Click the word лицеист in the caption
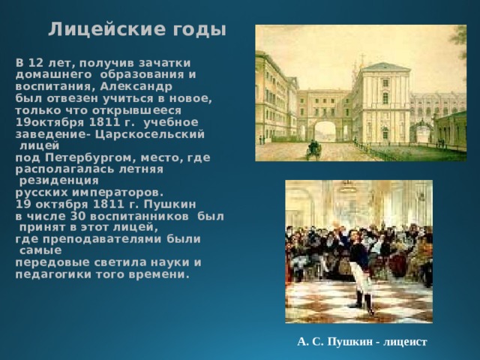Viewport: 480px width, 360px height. tap(404, 342)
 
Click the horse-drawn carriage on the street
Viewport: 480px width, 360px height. tap(313, 149)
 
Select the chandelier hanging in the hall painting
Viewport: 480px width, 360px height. tap(346, 187)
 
